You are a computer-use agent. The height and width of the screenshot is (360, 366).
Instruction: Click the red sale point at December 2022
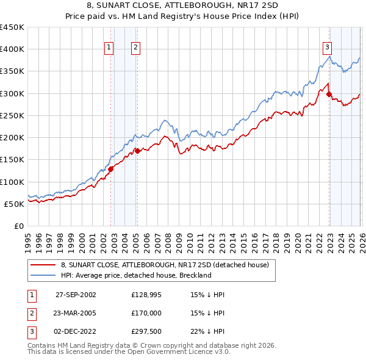point(329,95)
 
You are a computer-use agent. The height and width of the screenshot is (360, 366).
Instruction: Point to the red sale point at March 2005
point(137,151)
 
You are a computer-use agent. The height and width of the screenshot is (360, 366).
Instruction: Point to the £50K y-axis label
point(15,204)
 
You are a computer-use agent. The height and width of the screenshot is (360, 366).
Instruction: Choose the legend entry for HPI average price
point(136,275)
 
